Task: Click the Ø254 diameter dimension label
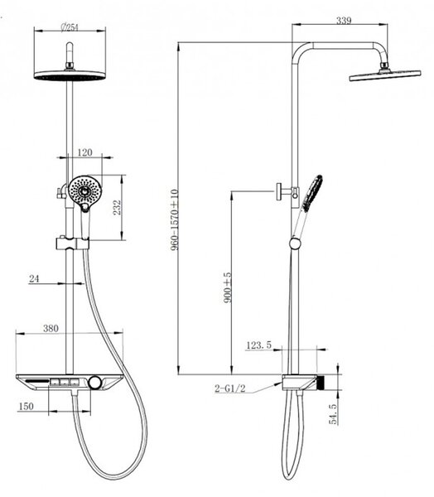(70, 27)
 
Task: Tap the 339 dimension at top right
(344, 21)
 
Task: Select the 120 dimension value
(84, 152)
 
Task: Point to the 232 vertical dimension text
(118, 207)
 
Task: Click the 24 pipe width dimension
(34, 278)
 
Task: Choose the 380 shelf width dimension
(51, 328)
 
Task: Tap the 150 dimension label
(26, 407)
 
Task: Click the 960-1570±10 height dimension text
(175, 220)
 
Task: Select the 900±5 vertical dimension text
(228, 287)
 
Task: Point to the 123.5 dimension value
(259, 345)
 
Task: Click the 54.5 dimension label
(333, 413)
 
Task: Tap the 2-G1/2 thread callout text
(230, 388)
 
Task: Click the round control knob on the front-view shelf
(94, 383)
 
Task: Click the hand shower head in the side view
(312, 193)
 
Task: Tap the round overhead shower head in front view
(70, 75)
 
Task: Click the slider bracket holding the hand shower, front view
(73, 244)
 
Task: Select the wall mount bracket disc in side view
(279, 192)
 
